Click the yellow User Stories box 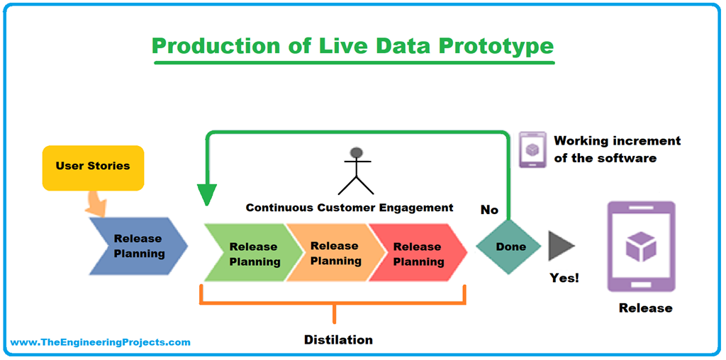coord(93,167)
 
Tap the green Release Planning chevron coord(250,253)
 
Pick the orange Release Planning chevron coord(333,253)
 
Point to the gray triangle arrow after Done coord(560,246)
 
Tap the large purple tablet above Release coord(641,246)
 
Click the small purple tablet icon coord(532,149)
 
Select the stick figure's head coord(356,153)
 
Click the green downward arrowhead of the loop coord(206,194)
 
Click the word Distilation coord(338,339)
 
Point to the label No coord(489,210)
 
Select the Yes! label coord(564,278)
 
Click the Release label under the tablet coord(645,308)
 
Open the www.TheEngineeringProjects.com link coord(100,342)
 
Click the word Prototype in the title coord(496,45)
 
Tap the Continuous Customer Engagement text coord(349,208)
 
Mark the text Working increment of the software coord(615,149)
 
